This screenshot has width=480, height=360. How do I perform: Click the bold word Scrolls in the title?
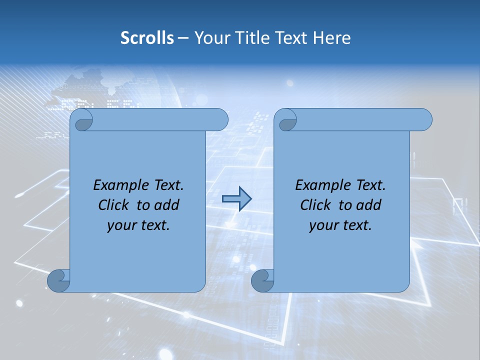[147, 38]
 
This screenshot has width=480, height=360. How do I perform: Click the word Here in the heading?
[331, 38]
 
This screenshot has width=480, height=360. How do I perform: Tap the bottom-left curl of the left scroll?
[58, 281]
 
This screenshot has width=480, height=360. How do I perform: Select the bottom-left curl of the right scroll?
[262, 281]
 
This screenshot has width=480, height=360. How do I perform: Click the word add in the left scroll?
[167, 205]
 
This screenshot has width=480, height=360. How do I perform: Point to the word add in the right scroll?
[369, 205]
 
